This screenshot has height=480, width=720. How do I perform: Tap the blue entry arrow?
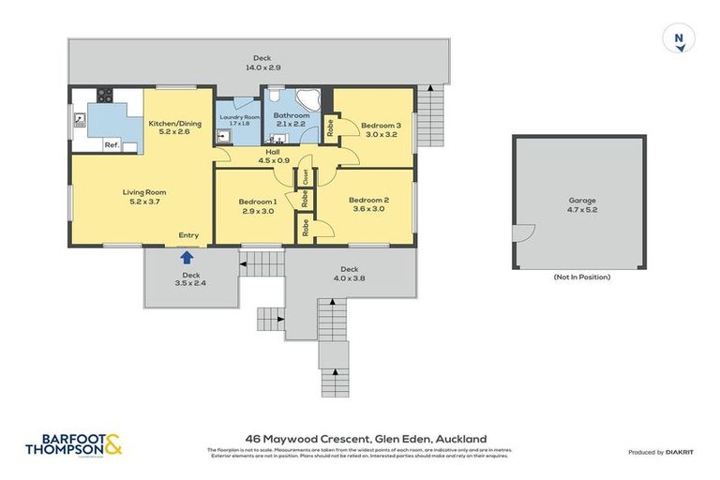(187, 256)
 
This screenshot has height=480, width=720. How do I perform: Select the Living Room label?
(143, 197)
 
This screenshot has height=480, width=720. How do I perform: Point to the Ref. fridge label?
(112, 144)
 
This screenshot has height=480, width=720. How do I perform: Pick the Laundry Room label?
(239, 119)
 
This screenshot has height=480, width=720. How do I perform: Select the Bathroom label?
(291, 120)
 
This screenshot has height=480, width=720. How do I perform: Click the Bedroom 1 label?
(257, 206)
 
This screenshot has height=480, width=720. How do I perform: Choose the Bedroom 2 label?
(368, 203)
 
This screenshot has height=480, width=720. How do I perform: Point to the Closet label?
(306, 176)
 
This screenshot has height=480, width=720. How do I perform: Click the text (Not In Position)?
(581, 277)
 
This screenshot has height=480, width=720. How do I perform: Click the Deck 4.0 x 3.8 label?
(350, 273)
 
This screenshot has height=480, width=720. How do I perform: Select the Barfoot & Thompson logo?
(75, 444)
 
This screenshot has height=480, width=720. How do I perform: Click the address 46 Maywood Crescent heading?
(366, 438)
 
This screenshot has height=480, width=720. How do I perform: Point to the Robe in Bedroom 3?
(330, 127)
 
